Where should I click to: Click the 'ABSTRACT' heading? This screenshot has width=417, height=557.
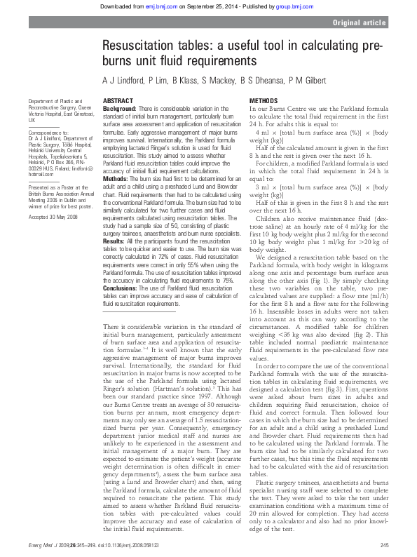[118, 102]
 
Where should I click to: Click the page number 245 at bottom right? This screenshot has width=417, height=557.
[384, 546]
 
